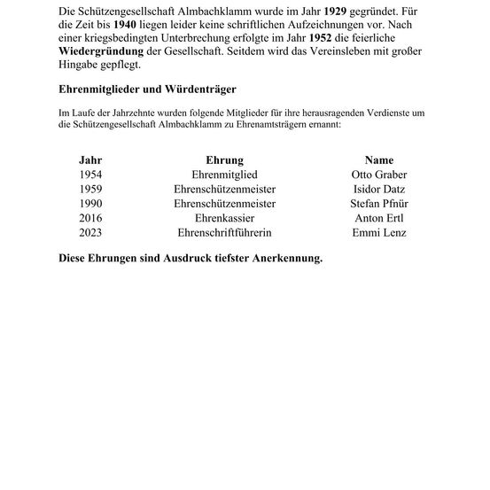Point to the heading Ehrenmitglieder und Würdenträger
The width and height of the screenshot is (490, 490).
[147, 89]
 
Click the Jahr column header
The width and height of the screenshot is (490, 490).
[90, 160]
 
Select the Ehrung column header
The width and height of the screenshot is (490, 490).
[224, 160]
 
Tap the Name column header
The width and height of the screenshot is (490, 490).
[378, 160]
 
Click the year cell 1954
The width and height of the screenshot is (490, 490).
[90, 175]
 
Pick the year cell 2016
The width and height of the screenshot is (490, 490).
[90, 217]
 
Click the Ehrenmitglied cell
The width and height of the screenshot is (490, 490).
[224, 175]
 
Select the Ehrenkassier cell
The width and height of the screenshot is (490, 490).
[224, 217]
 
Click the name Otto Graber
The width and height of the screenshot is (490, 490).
[379, 175]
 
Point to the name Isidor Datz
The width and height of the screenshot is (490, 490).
[379, 189]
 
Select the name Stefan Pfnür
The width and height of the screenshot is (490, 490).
[379, 203]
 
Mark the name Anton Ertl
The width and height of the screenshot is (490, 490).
[379, 217]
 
